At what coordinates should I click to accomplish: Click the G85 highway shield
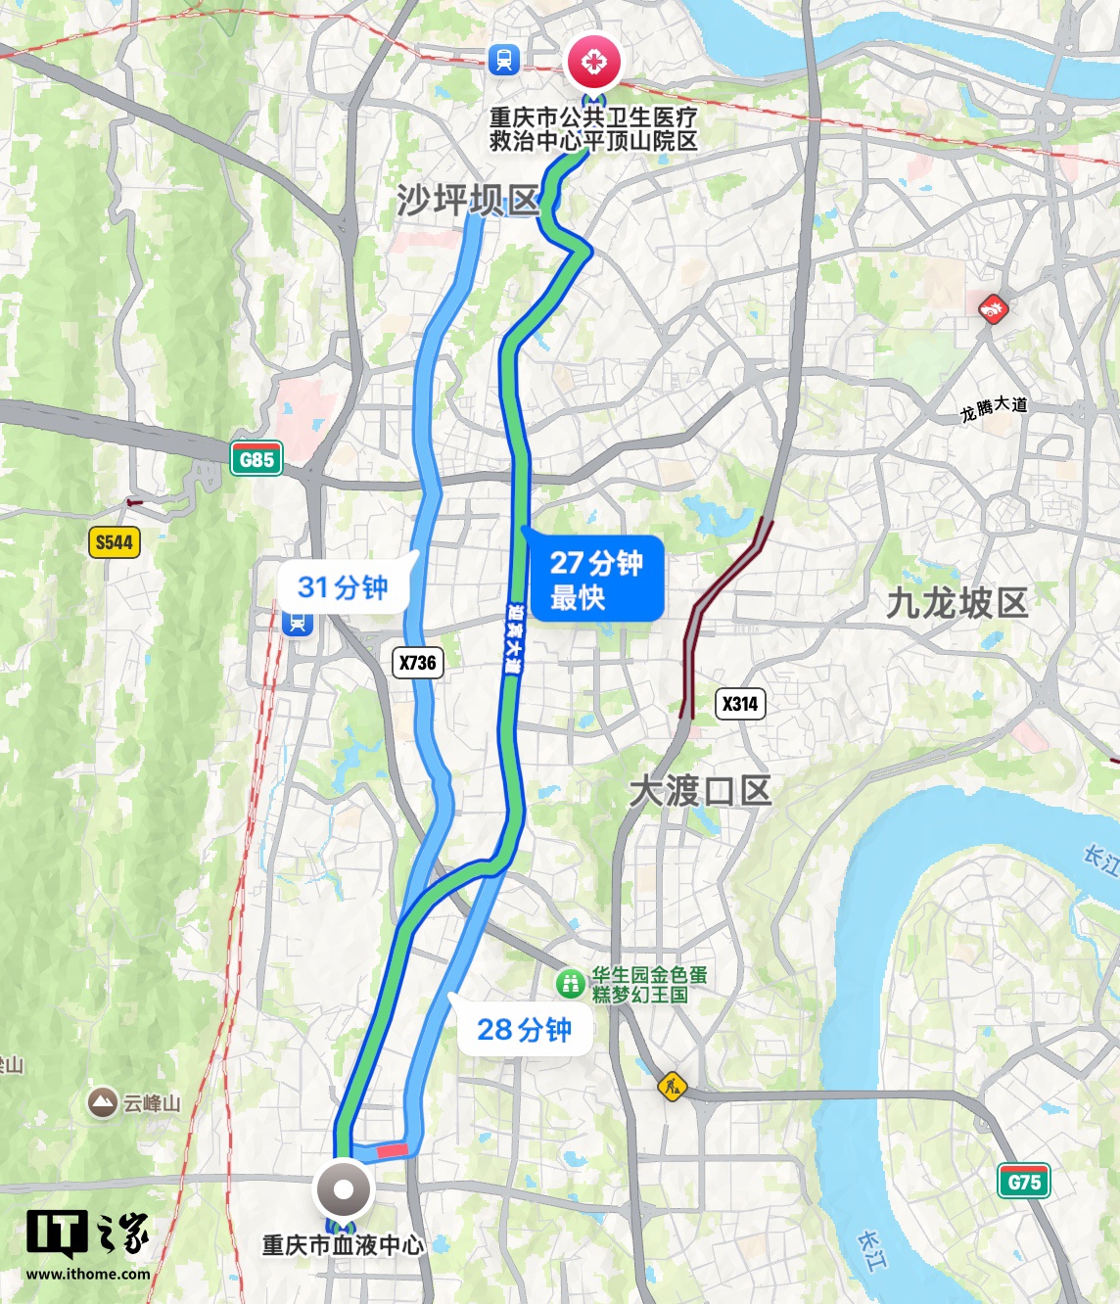257,459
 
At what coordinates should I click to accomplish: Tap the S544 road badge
114,542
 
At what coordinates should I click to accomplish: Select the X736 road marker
418,663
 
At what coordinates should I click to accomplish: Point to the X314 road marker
740,704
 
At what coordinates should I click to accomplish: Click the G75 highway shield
1024,1182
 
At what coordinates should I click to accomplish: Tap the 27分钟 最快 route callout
595,579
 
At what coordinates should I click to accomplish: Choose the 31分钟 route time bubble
343,587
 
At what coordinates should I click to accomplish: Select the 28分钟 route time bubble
524,1030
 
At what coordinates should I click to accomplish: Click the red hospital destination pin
593,63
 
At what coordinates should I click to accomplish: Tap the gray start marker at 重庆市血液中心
343,1190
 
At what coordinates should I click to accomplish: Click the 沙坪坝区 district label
468,201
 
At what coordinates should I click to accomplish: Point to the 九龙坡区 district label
957,603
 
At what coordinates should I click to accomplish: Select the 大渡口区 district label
700,791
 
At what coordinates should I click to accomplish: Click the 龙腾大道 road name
994,408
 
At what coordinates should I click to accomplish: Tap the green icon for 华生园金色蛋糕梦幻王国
570,983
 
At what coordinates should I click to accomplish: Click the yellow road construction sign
672,1086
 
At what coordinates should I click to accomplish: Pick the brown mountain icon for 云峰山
102,1103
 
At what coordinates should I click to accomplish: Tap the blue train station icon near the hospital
504,60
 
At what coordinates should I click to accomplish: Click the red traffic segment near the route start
392,1150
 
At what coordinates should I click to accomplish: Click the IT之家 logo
87,1235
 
